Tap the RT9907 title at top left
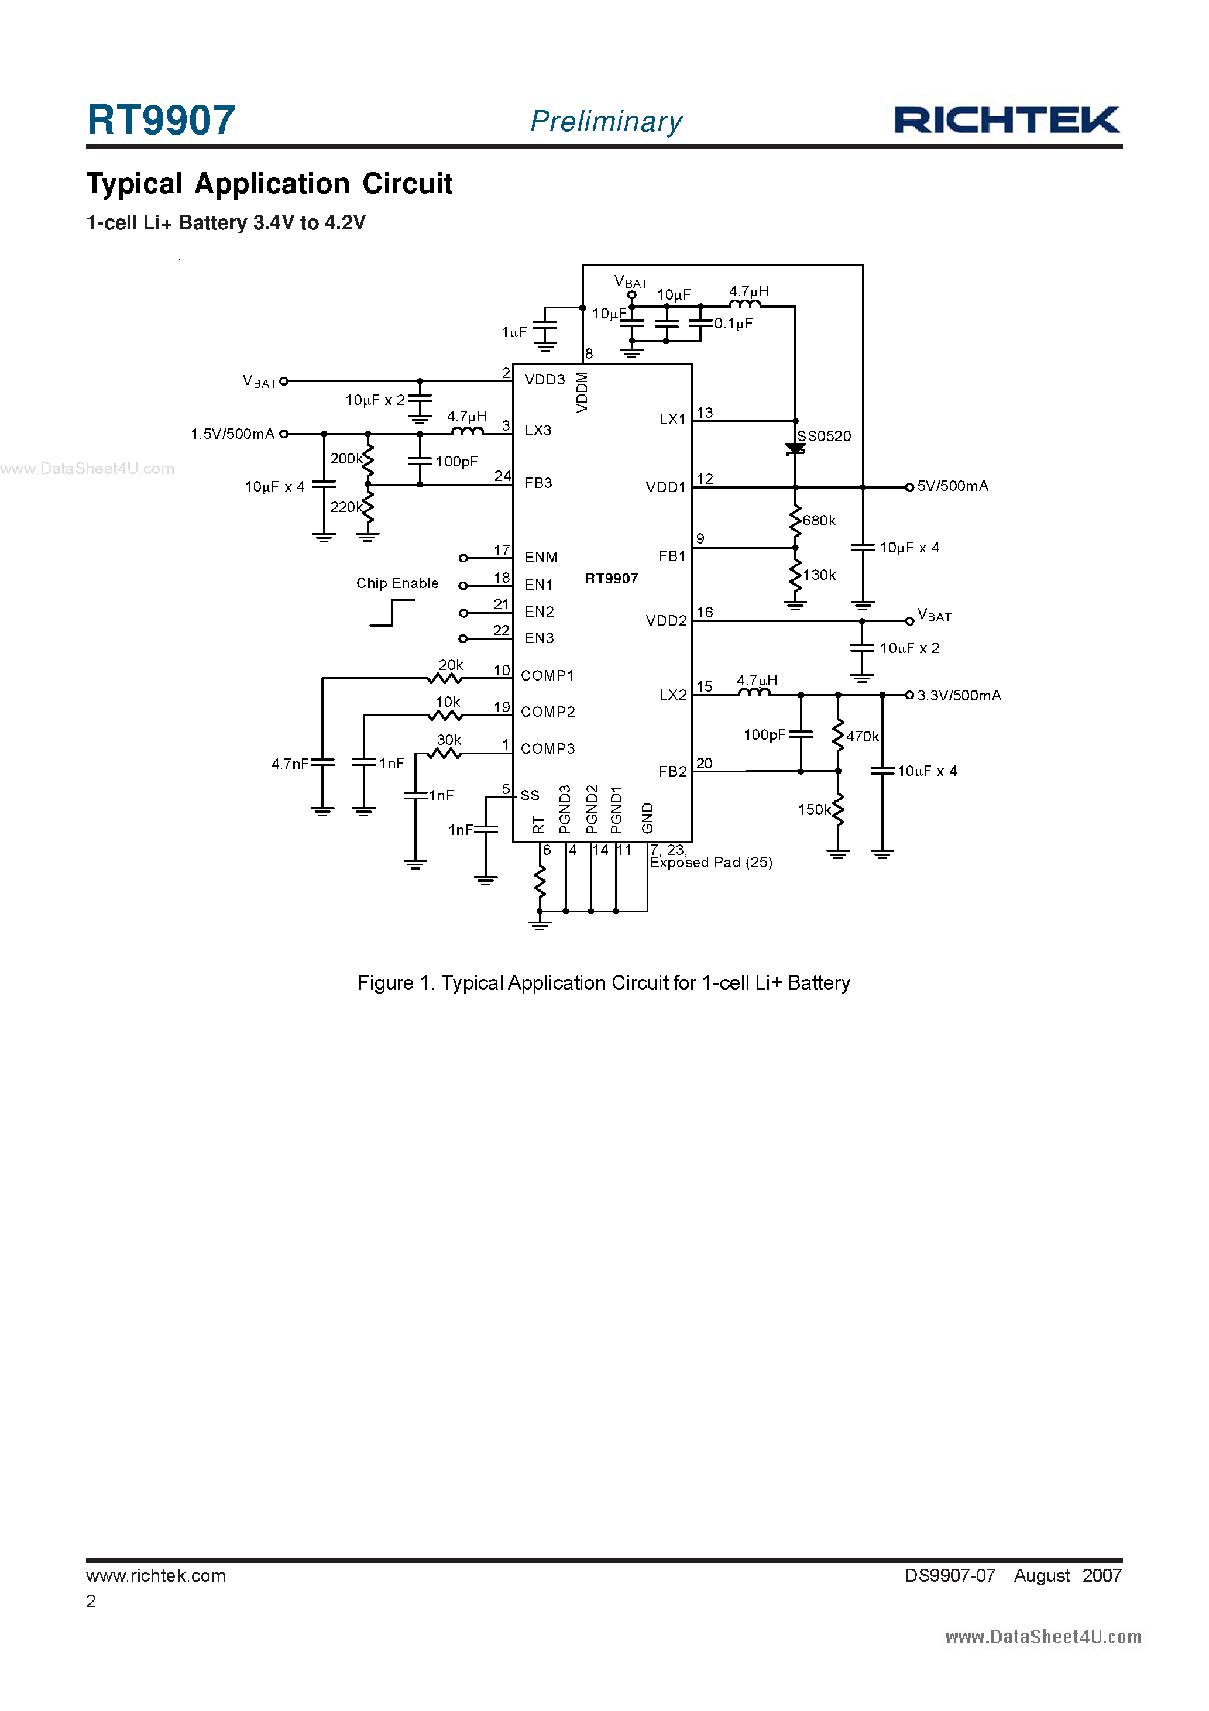click(161, 120)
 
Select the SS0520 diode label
click(825, 436)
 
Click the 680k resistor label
click(819, 520)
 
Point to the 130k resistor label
click(819, 575)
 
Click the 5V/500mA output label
click(952, 486)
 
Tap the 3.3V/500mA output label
click(959, 695)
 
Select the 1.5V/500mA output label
click(232, 434)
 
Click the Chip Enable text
click(397, 583)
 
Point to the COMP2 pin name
click(548, 712)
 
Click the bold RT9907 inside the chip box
click(610, 578)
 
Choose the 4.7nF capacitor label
click(289, 764)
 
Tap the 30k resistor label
click(449, 739)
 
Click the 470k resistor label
click(863, 736)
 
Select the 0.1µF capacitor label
click(733, 324)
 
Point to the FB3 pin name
click(538, 483)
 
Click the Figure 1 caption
click(604, 983)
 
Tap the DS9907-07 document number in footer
click(950, 1575)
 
